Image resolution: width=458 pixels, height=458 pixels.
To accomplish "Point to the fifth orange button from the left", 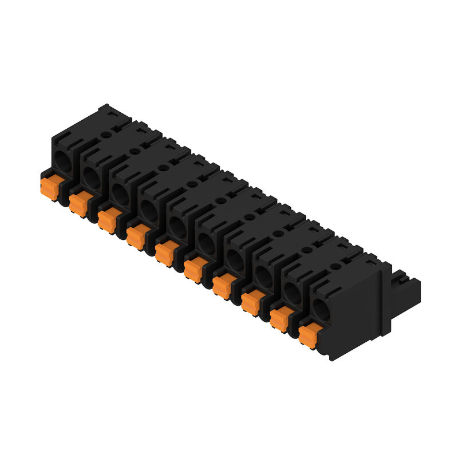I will point(165,252).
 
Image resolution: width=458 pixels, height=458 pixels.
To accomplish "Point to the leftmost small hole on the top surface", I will point(105,135).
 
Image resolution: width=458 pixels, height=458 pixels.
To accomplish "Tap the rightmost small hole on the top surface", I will point(335,266).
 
